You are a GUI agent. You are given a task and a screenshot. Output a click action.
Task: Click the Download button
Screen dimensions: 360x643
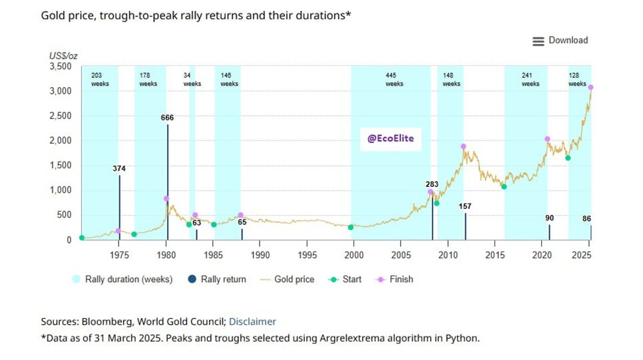pyautogui.click(x=560, y=41)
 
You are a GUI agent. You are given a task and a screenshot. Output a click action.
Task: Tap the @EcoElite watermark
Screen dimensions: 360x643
pyautogui.click(x=391, y=139)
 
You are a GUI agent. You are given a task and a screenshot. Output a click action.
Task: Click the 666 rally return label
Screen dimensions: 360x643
pyautogui.click(x=167, y=118)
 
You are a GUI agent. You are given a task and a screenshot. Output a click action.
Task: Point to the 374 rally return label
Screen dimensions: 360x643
pyautogui.click(x=119, y=168)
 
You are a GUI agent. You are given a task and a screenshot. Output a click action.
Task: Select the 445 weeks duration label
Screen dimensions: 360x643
pyautogui.click(x=395, y=80)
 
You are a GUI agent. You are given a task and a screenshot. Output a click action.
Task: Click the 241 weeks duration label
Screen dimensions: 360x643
pyautogui.click(x=531, y=80)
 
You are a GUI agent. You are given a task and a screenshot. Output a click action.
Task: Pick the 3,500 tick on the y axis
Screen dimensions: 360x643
pyautogui.click(x=61, y=67)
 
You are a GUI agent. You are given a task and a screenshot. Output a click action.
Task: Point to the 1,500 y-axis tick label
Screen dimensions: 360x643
pyautogui.click(x=61, y=165)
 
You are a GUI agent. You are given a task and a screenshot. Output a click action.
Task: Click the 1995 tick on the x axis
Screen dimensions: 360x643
pyautogui.click(x=307, y=254)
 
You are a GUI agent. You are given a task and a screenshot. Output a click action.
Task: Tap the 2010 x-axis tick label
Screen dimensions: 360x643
pyautogui.click(x=448, y=254)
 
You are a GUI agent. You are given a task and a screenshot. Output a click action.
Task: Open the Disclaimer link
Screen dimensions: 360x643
pyautogui.click(x=252, y=321)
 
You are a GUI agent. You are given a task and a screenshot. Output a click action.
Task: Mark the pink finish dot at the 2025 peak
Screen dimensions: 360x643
pyautogui.click(x=591, y=88)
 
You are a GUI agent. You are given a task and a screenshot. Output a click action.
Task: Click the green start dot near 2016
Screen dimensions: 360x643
pyautogui.click(x=504, y=187)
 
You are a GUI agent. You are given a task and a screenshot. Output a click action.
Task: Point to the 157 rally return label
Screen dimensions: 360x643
pyautogui.click(x=465, y=207)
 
